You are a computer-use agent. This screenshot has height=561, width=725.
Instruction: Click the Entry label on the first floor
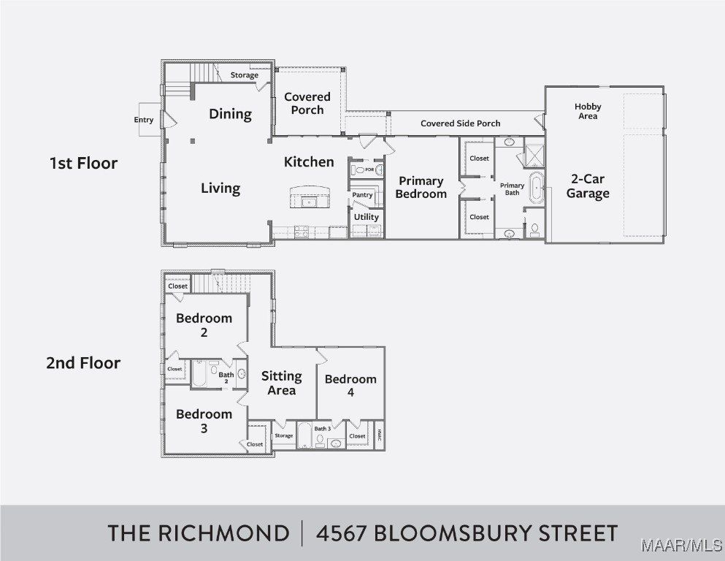(x=144, y=120)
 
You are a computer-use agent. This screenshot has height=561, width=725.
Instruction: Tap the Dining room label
(x=230, y=114)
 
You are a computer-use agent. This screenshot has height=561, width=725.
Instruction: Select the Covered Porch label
(x=307, y=103)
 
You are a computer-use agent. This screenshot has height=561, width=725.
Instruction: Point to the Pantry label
(x=362, y=195)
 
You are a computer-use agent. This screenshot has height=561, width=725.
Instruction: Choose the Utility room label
(x=366, y=217)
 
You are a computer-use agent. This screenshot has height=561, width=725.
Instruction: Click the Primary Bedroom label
(x=421, y=187)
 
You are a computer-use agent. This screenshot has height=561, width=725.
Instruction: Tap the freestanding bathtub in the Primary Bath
(x=537, y=188)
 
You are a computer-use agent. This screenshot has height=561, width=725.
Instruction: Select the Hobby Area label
(x=587, y=111)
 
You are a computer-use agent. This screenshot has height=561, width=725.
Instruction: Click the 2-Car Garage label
(x=587, y=186)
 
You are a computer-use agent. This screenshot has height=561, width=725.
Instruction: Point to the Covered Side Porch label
(x=460, y=123)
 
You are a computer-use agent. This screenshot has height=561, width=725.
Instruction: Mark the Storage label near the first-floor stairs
(x=244, y=75)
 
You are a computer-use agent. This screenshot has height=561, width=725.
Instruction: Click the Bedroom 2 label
(x=204, y=325)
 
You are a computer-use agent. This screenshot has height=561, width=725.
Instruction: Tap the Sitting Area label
(x=281, y=383)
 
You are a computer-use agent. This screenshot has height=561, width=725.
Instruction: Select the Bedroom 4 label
(x=350, y=386)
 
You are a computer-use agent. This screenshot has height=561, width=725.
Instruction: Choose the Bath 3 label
(x=323, y=428)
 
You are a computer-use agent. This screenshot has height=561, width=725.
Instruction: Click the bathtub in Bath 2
(x=200, y=374)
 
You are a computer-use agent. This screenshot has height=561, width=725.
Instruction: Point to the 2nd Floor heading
(x=83, y=363)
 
